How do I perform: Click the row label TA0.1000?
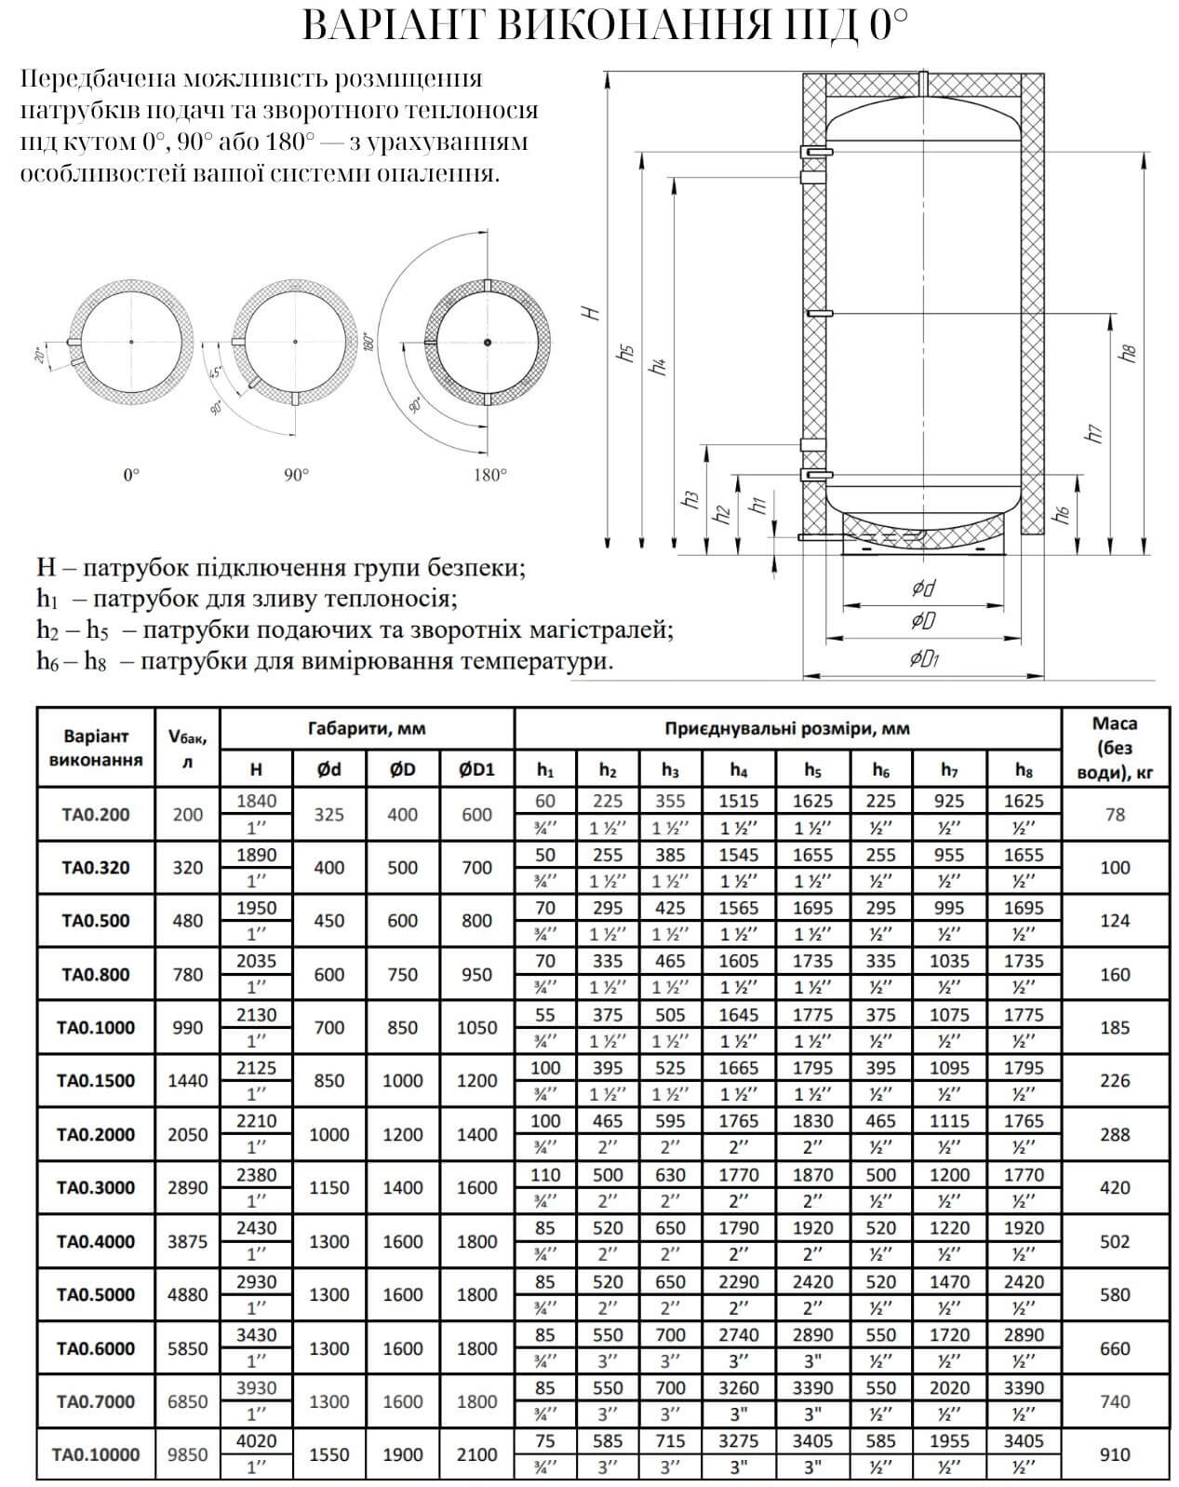pos(96,1028)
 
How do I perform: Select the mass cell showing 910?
pos(1114,1454)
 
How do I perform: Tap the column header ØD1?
pos(476,770)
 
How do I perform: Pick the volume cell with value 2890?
pos(187,1188)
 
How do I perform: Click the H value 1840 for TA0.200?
pos(256,801)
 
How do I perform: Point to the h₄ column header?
pos(738,770)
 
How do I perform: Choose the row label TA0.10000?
pos(96,1454)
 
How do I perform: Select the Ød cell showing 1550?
pos(328,1454)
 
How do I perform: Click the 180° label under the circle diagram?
pos(489,475)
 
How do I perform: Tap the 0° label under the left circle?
pos(131,475)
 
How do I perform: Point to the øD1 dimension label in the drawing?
pos(923,659)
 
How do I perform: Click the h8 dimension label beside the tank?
pos(1130,353)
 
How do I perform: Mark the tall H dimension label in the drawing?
pos(592,313)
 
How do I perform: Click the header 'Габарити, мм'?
pos(367,728)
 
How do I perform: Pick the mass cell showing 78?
pos(1114,815)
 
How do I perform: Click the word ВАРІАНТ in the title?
pos(391,27)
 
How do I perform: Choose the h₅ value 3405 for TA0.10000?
pos(812,1441)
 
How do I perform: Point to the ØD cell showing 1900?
pos(402,1454)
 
